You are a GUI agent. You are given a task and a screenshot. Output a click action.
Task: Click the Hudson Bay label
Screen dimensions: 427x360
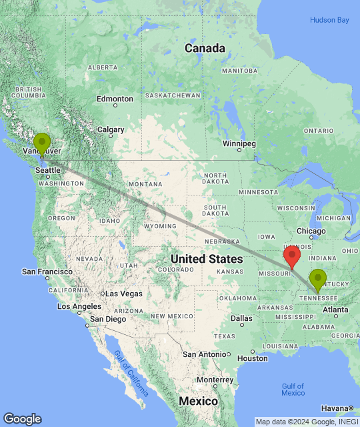(x=329, y=21)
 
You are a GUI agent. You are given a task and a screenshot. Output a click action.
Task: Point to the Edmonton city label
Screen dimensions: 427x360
(x=115, y=99)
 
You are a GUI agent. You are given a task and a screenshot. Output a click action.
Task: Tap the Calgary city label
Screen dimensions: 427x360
(x=111, y=129)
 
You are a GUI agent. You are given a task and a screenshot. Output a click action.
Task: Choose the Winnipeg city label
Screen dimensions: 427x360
(x=239, y=143)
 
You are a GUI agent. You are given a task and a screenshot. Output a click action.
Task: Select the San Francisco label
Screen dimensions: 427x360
(x=47, y=272)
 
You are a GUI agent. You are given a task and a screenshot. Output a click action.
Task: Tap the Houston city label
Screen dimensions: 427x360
(x=251, y=358)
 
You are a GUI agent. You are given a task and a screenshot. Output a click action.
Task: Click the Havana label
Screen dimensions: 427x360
(x=335, y=408)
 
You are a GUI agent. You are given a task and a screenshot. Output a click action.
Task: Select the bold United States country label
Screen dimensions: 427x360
(x=207, y=259)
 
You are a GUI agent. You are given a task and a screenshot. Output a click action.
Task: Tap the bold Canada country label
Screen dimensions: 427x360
(x=204, y=48)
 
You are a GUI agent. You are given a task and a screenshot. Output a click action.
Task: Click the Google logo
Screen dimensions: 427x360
(x=22, y=418)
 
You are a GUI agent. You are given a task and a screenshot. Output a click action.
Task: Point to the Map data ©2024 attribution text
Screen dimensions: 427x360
(x=306, y=422)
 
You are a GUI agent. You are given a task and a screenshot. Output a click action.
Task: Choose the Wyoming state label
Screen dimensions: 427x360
(x=160, y=226)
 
